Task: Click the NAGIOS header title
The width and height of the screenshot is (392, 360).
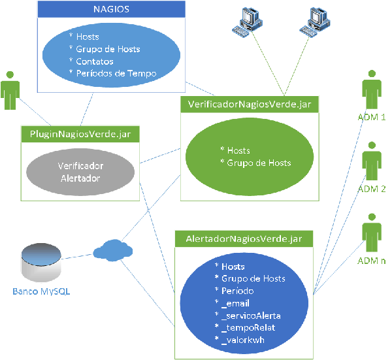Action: pyautogui.click(x=110, y=10)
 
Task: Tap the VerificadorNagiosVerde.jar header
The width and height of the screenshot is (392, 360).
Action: pyautogui.click(x=249, y=105)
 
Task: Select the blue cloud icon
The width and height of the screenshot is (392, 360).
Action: pyautogui.click(x=112, y=250)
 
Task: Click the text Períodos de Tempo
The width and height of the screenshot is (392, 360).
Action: pyautogui.click(x=116, y=74)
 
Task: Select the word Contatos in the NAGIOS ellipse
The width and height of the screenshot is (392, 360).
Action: pyautogui.click(x=98, y=61)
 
